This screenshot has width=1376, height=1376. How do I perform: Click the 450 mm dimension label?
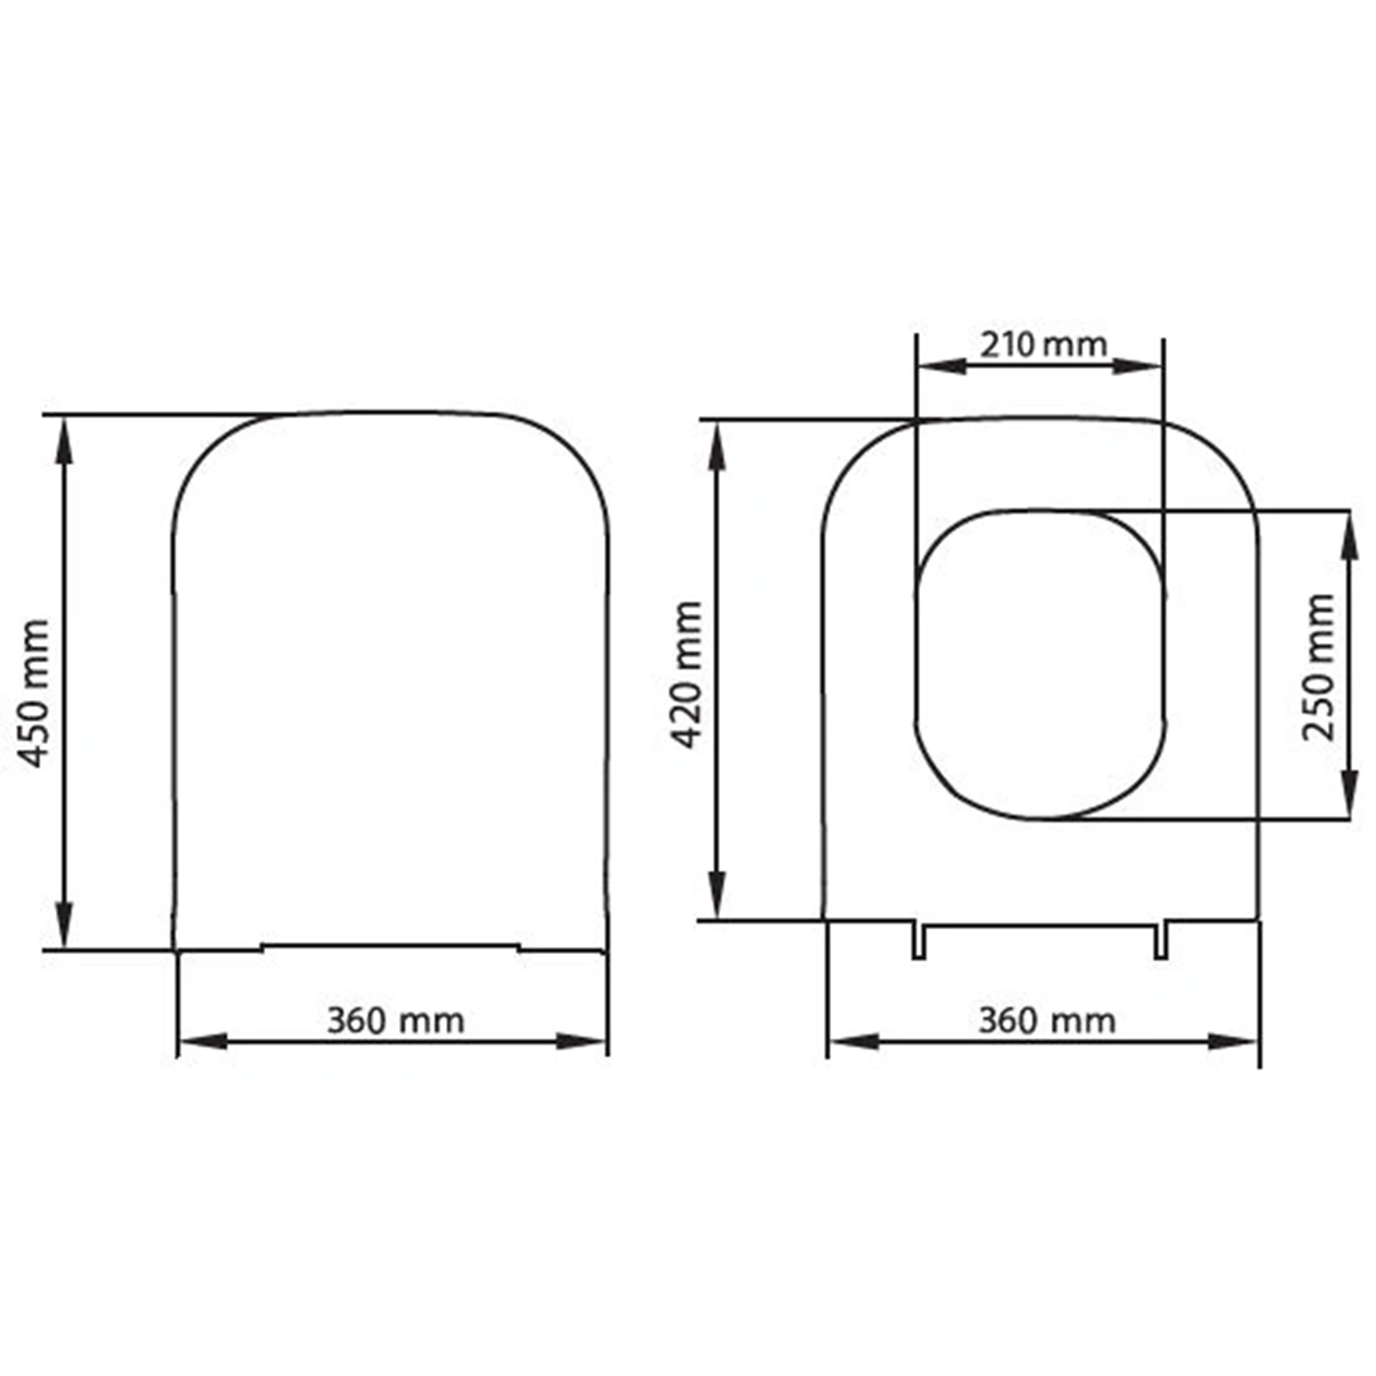pos(35,694)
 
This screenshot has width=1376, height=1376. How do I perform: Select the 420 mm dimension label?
pos(688,674)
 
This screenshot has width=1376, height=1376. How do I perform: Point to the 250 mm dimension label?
pos(1319,667)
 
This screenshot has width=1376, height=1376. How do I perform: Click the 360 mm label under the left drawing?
pos(395,1020)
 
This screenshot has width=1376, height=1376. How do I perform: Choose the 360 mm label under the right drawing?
pos(1047,1020)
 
